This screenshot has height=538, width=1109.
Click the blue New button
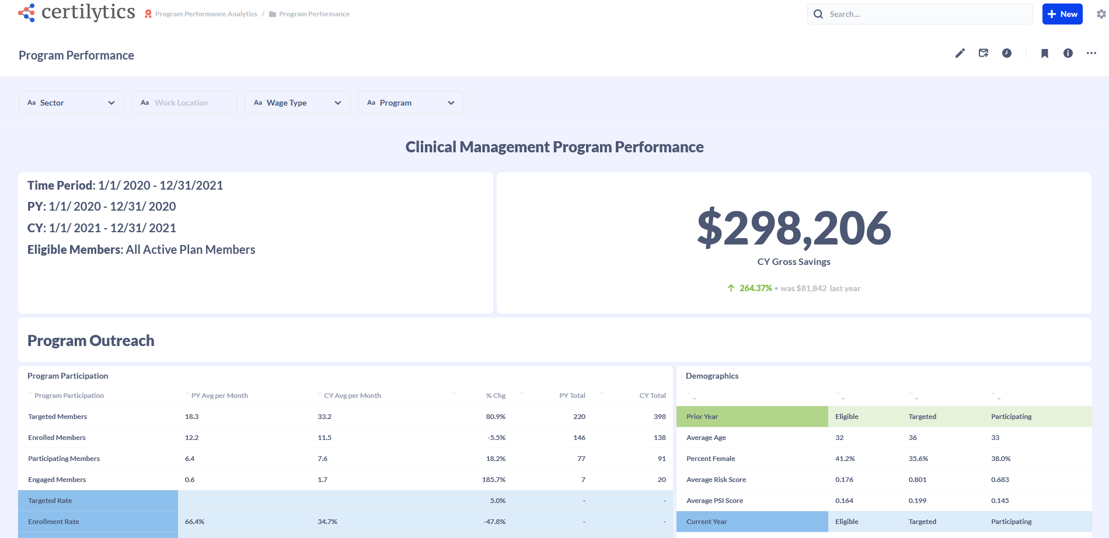coord(1062,14)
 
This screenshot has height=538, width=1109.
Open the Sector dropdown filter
coord(71,103)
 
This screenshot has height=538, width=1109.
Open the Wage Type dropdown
coord(297,103)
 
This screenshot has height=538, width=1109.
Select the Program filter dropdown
coord(410,103)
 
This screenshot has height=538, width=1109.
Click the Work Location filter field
coord(184,103)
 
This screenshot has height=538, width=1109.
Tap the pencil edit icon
coord(960,53)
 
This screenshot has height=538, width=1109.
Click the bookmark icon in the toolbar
coord(1045,53)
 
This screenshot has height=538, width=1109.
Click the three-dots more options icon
coord(1091,53)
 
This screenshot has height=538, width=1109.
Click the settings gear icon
coord(1101,14)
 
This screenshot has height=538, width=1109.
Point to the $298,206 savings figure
coord(794,228)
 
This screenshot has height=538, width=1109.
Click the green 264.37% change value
coord(755,288)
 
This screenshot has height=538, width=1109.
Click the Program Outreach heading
coord(91,341)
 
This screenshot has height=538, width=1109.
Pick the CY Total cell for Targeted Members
coord(660,417)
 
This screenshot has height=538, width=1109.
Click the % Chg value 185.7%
coord(494,480)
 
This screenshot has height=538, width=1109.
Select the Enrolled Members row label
coord(57,438)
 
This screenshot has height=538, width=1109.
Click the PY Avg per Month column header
coord(219,396)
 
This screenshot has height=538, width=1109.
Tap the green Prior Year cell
coord(752,417)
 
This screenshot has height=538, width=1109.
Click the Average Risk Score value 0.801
coord(918,480)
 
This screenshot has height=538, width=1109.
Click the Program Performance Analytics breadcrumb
coord(206,14)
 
